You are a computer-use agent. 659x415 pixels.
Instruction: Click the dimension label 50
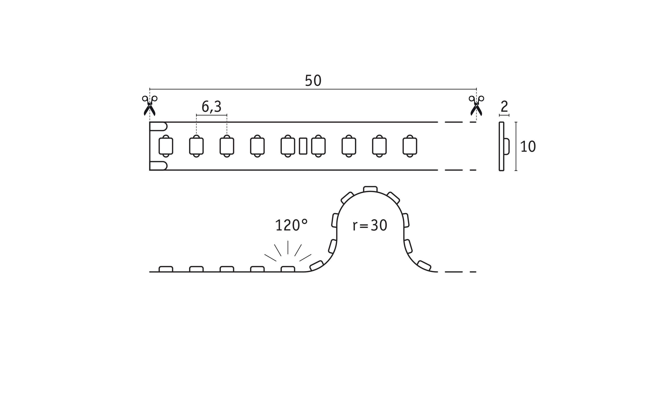pyautogui.click(x=313, y=80)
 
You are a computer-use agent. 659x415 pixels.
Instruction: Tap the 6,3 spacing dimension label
pyautogui.click(x=211, y=107)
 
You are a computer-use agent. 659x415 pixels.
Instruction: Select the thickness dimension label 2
pyautogui.click(x=504, y=106)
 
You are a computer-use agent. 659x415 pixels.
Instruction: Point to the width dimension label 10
pyautogui.click(x=528, y=147)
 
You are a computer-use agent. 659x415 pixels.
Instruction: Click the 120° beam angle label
pyautogui.click(x=291, y=225)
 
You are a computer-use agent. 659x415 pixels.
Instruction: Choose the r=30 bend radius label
pyautogui.click(x=370, y=226)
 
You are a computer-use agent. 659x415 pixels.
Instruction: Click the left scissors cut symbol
pyautogui.click(x=150, y=106)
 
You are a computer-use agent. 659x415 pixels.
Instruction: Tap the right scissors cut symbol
pyautogui.click(x=476, y=106)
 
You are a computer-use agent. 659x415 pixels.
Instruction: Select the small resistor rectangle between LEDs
pyautogui.click(x=303, y=146)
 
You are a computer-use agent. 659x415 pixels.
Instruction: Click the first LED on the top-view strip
pyautogui.click(x=166, y=146)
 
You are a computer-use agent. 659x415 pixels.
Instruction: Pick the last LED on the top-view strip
pyautogui.click(x=410, y=146)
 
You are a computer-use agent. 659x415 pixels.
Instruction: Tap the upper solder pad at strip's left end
pyautogui.click(x=158, y=126)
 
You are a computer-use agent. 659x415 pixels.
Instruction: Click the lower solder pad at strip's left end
pyautogui.click(x=158, y=166)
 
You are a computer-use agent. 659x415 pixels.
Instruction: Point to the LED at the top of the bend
pyautogui.click(x=370, y=189)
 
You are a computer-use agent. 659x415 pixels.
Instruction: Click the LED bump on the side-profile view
pyautogui.click(x=507, y=147)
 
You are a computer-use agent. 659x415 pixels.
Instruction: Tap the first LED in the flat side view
pyautogui.click(x=166, y=269)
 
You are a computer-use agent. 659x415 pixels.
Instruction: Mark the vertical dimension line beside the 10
pyautogui.click(x=516, y=146)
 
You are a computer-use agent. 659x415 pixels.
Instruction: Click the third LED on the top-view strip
pyautogui.click(x=227, y=146)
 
